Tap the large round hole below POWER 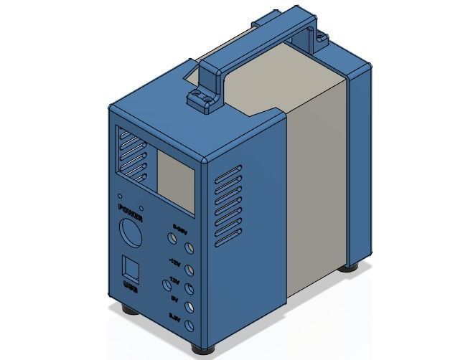[131, 235]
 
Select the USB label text [131, 288]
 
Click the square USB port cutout [130, 268]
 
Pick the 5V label [174, 297]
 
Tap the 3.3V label [174, 316]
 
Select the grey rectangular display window [175, 182]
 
